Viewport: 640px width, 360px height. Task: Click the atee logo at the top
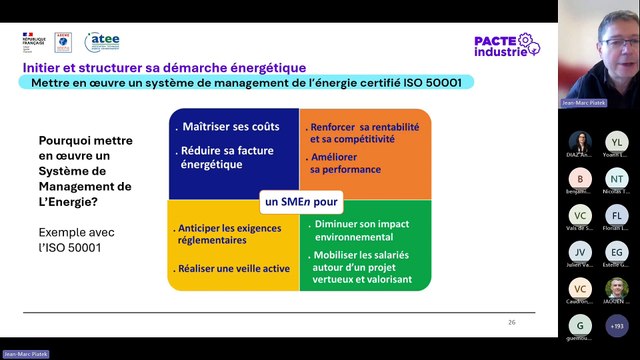102,41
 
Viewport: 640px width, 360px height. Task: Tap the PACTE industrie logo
504,45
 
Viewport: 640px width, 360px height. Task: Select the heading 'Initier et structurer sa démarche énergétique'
165,67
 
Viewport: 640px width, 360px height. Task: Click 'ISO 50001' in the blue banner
432,83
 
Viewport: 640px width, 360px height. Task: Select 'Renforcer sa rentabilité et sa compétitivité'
364,134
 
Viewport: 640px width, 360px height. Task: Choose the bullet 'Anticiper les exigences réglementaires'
225,234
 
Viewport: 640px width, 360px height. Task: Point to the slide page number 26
512,323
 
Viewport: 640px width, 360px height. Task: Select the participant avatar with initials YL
617,141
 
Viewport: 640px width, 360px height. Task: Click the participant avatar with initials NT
617,178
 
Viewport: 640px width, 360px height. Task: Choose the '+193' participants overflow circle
617,325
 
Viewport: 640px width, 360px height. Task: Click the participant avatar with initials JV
580,252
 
